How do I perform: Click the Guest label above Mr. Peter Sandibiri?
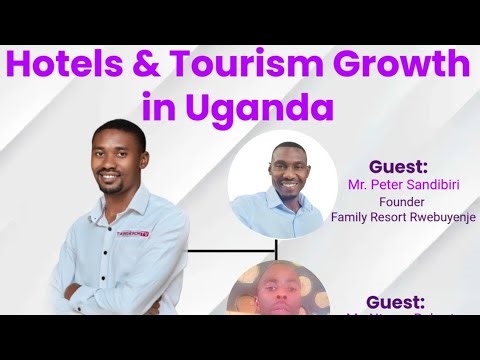point(397,166)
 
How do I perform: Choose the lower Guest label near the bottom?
point(397,301)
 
